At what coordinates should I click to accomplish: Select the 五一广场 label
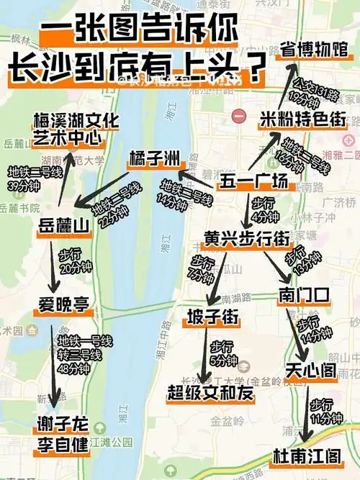(x=248, y=182)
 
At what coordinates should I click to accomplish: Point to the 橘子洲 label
(x=154, y=158)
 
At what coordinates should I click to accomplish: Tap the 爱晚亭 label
(x=63, y=304)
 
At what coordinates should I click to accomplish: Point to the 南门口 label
(x=302, y=294)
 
